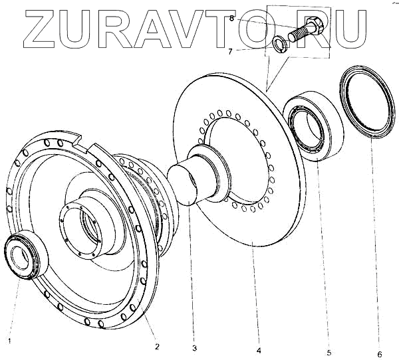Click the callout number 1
click(x=9, y=341)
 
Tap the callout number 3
click(x=194, y=347)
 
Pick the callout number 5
click(x=328, y=352)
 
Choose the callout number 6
click(x=379, y=353)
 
